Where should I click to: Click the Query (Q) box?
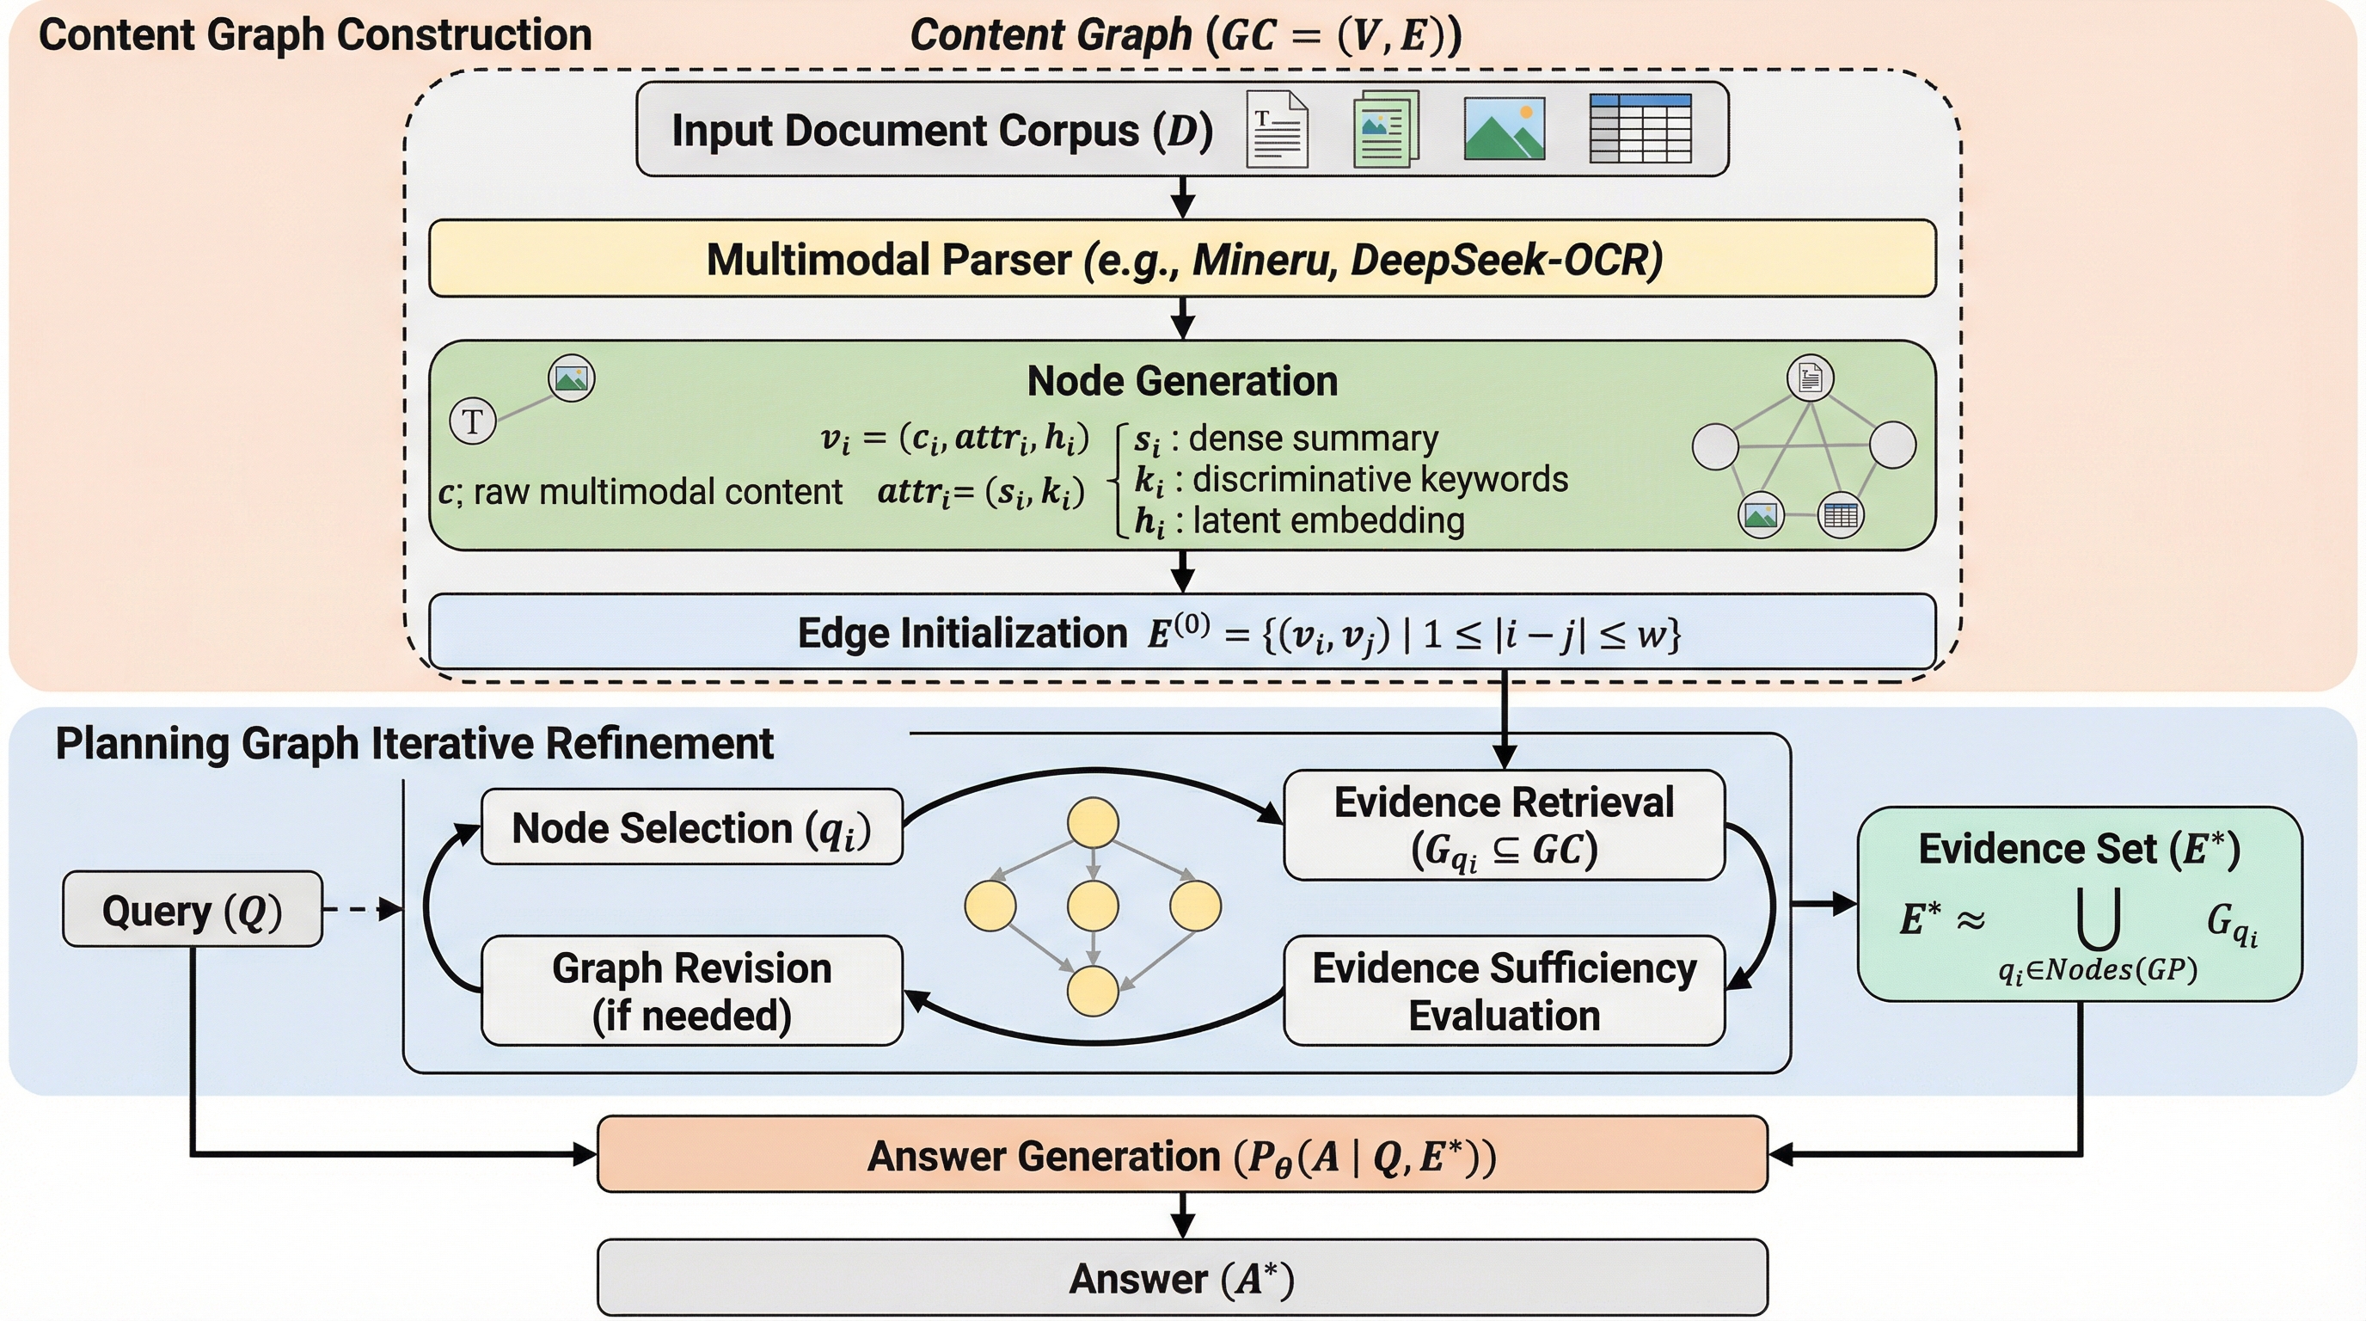(192, 909)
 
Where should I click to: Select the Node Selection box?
(691, 826)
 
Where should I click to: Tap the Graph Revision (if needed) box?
(691, 990)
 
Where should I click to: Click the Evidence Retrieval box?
(1504, 825)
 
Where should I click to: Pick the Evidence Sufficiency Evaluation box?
(1504, 990)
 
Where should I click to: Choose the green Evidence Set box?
(2080, 903)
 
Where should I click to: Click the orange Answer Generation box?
(1182, 1155)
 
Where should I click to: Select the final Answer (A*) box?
(1182, 1277)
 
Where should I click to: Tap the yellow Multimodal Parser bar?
(1182, 258)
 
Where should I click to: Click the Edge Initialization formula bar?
(1182, 632)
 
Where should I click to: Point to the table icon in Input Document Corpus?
(1640, 129)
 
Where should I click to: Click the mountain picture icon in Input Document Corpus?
(1504, 130)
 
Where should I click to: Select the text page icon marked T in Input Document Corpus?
(1277, 130)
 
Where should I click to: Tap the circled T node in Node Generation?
(472, 421)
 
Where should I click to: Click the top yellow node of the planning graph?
(1092, 822)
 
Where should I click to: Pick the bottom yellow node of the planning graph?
(1092, 990)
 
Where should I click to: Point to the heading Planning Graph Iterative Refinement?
(414, 743)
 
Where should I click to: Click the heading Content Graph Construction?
(315, 35)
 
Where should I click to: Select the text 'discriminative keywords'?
(1380, 479)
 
